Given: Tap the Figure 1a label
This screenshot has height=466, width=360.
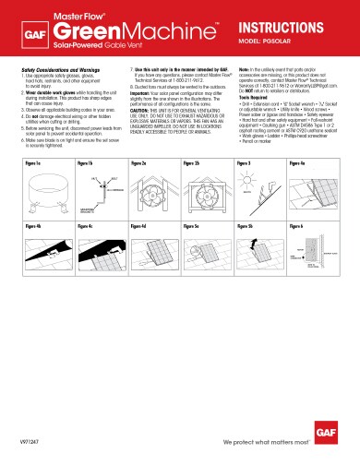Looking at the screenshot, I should [32, 161].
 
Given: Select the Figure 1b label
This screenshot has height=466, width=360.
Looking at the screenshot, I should [86, 161].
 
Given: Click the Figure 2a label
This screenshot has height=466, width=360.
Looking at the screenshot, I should [139, 161].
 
